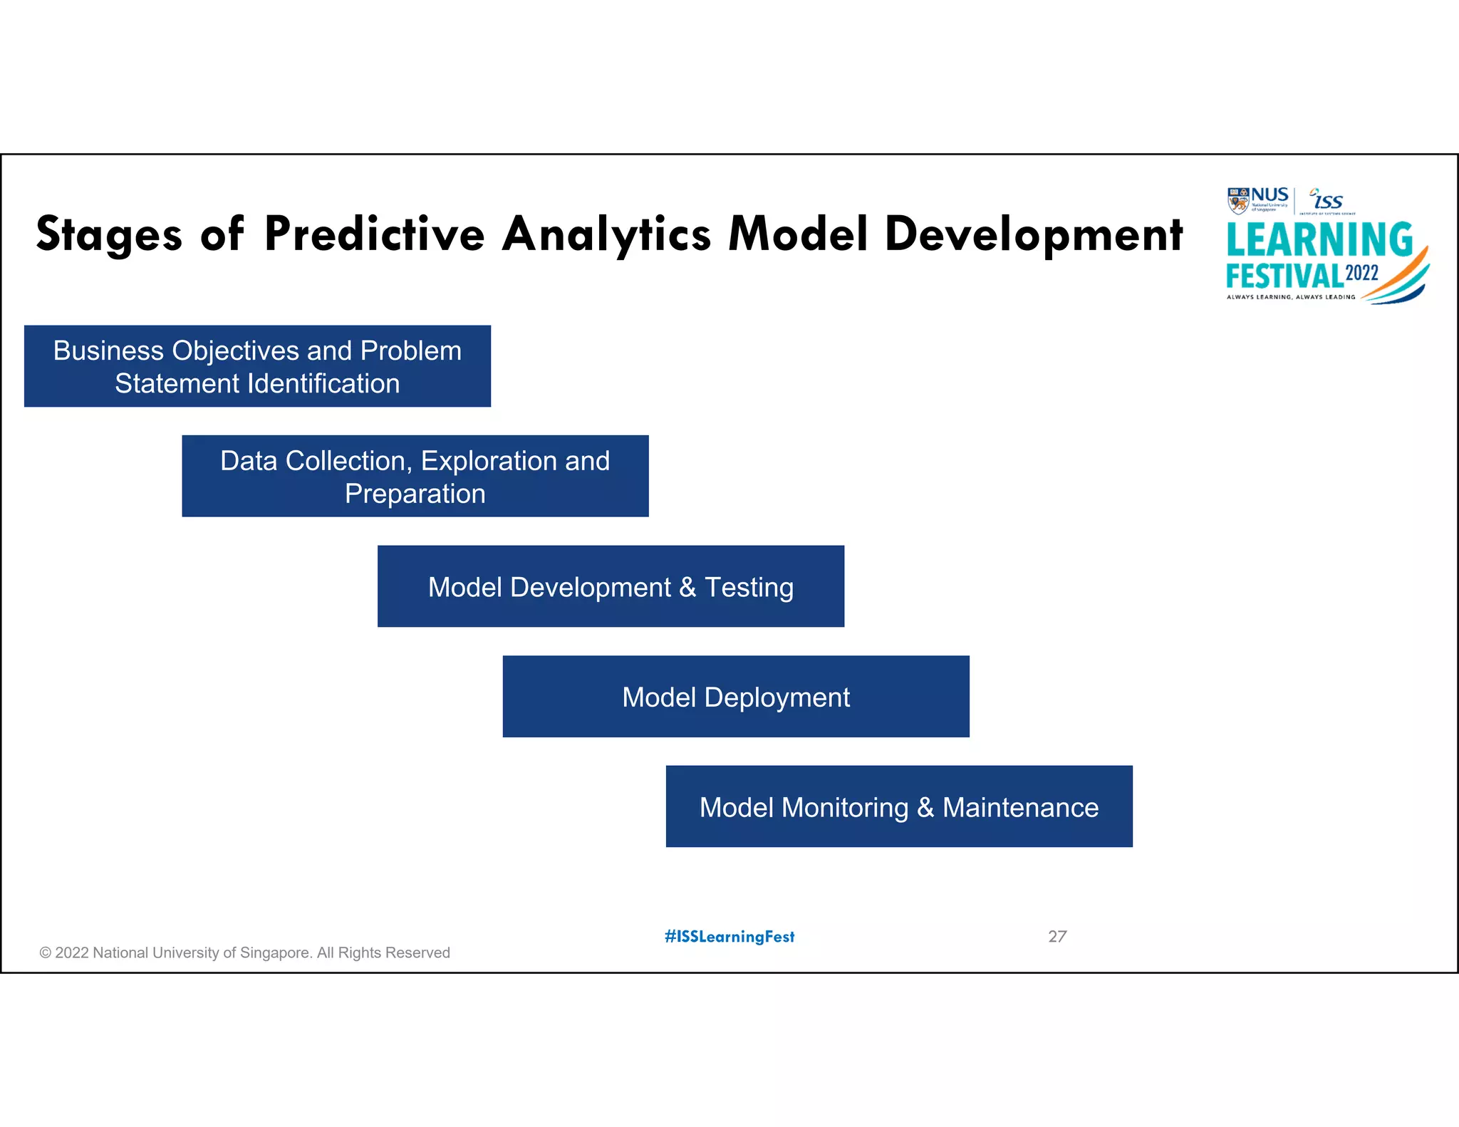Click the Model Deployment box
pos(736,696)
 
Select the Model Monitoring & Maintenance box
pos(899,806)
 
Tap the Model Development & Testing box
pos(611,586)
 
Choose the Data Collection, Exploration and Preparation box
pos(415,476)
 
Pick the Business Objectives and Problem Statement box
pos(257,366)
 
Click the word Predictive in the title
pos(374,234)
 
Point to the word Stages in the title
pos(109,236)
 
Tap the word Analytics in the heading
pos(606,236)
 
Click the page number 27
pos(1057,936)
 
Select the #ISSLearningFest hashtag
pos(729,936)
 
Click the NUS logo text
pos(1270,195)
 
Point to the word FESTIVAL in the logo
pos(1284,276)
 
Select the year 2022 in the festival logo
pos(1361,273)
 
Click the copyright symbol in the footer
pos(46,952)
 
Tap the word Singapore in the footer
pos(276,952)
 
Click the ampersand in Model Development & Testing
pos(687,587)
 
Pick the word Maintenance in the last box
pos(1020,807)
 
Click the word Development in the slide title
pos(1033,236)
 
